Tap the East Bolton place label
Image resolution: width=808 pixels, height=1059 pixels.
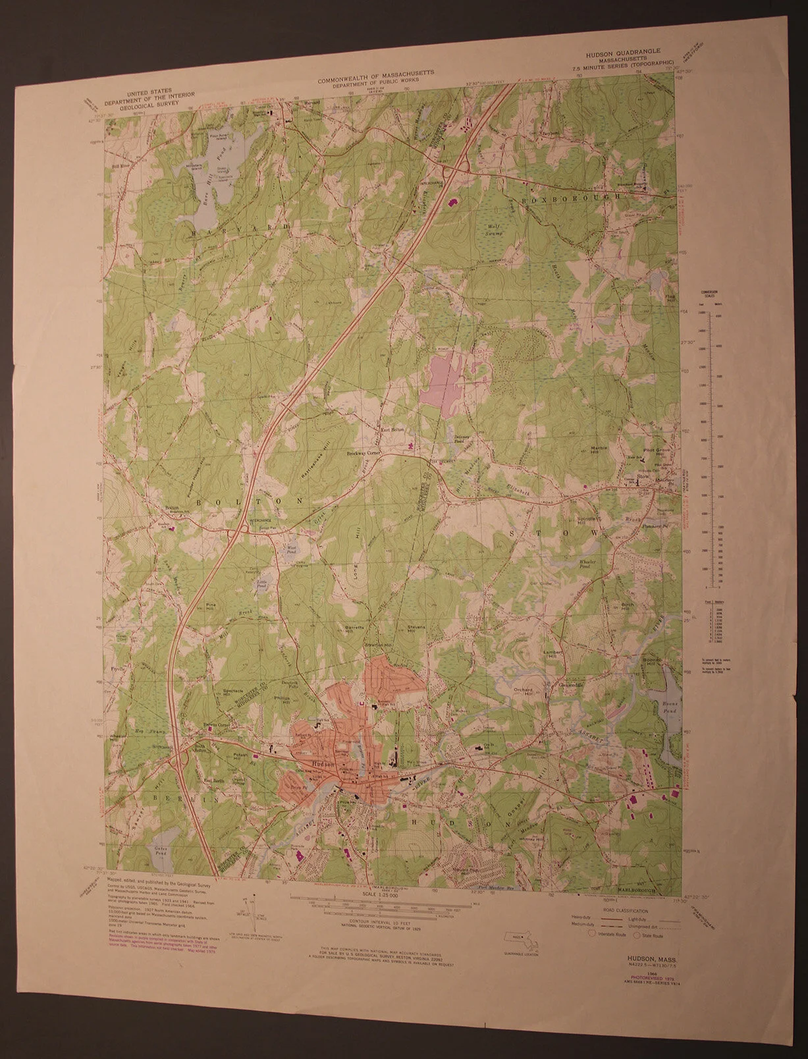[x=389, y=431]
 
